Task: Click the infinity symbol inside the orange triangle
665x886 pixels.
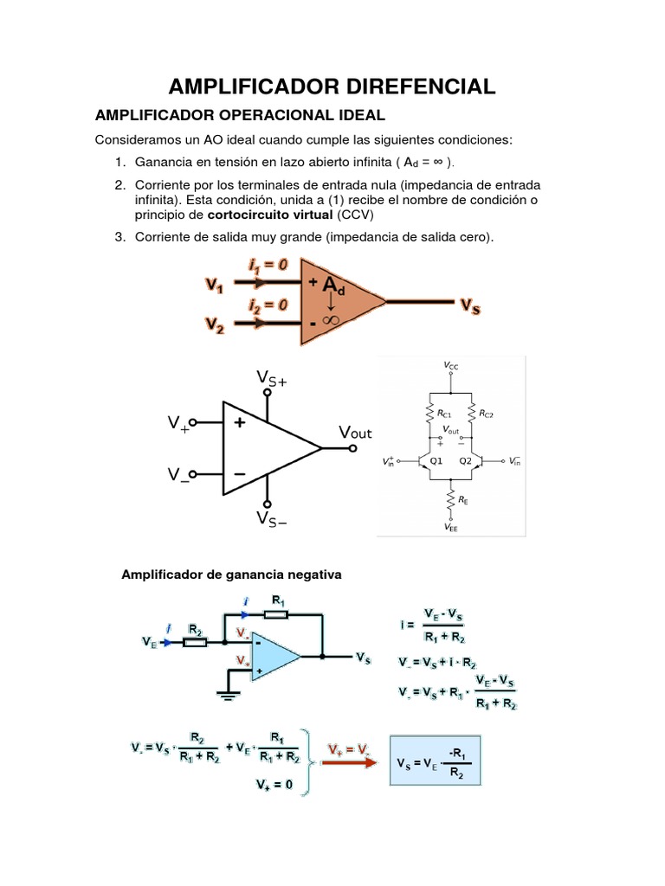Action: [330, 319]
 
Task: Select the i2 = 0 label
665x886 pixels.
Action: [268, 305]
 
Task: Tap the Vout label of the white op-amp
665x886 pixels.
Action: [355, 433]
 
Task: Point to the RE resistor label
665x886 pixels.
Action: [464, 500]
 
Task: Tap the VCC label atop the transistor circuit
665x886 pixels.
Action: [451, 366]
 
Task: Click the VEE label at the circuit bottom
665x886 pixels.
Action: [451, 528]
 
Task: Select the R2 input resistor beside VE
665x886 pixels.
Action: [196, 642]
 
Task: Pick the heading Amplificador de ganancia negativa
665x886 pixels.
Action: [231, 574]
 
